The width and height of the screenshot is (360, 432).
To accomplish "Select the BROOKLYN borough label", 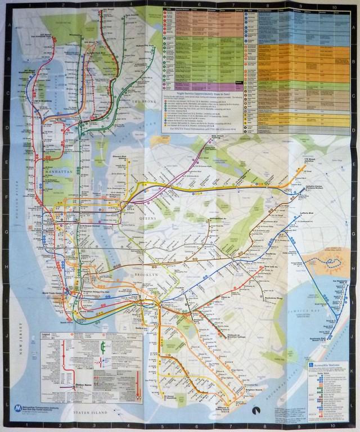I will tap(147, 274).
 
